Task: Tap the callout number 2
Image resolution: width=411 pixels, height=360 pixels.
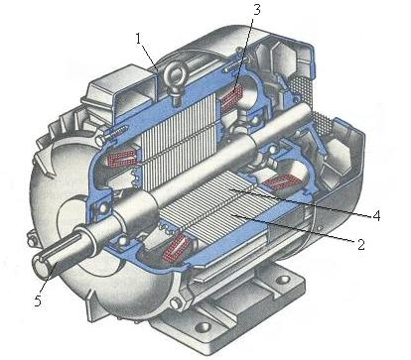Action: coord(360,244)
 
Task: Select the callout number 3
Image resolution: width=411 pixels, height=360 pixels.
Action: coord(257,10)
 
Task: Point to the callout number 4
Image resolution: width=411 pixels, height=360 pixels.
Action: coord(376,216)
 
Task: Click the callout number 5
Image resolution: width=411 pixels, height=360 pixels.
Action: coord(38,300)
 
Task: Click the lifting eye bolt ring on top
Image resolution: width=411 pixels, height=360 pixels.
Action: coord(178,73)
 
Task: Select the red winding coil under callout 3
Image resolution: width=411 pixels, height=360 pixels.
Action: coord(232,96)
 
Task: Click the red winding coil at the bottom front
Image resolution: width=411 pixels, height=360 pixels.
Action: coord(178,247)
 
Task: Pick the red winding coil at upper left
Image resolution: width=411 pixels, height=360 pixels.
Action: coord(121,157)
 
